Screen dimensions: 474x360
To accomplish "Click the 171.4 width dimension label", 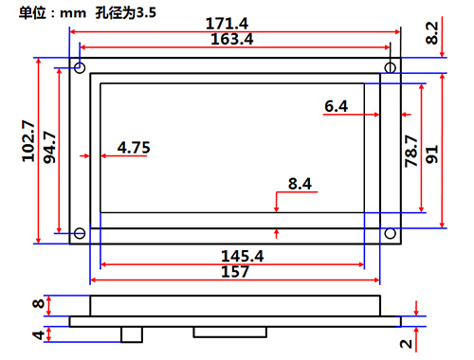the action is (x=227, y=24).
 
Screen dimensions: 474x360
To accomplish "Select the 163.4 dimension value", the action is (x=232, y=39).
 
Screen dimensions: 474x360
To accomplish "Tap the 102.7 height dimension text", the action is (x=28, y=141).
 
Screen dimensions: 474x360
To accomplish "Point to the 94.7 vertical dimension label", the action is (x=49, y=147).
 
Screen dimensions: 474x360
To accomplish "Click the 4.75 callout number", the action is (x=134, y=148).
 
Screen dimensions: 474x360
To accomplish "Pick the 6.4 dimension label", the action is (x=337, y=106).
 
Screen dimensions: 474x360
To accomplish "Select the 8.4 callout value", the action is (x=300, y=184).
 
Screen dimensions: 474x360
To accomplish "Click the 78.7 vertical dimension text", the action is (x=411, y=151).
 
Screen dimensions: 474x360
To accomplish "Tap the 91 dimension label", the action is (x=432, y=154).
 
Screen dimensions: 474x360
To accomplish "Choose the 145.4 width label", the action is (x=243, y=256).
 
